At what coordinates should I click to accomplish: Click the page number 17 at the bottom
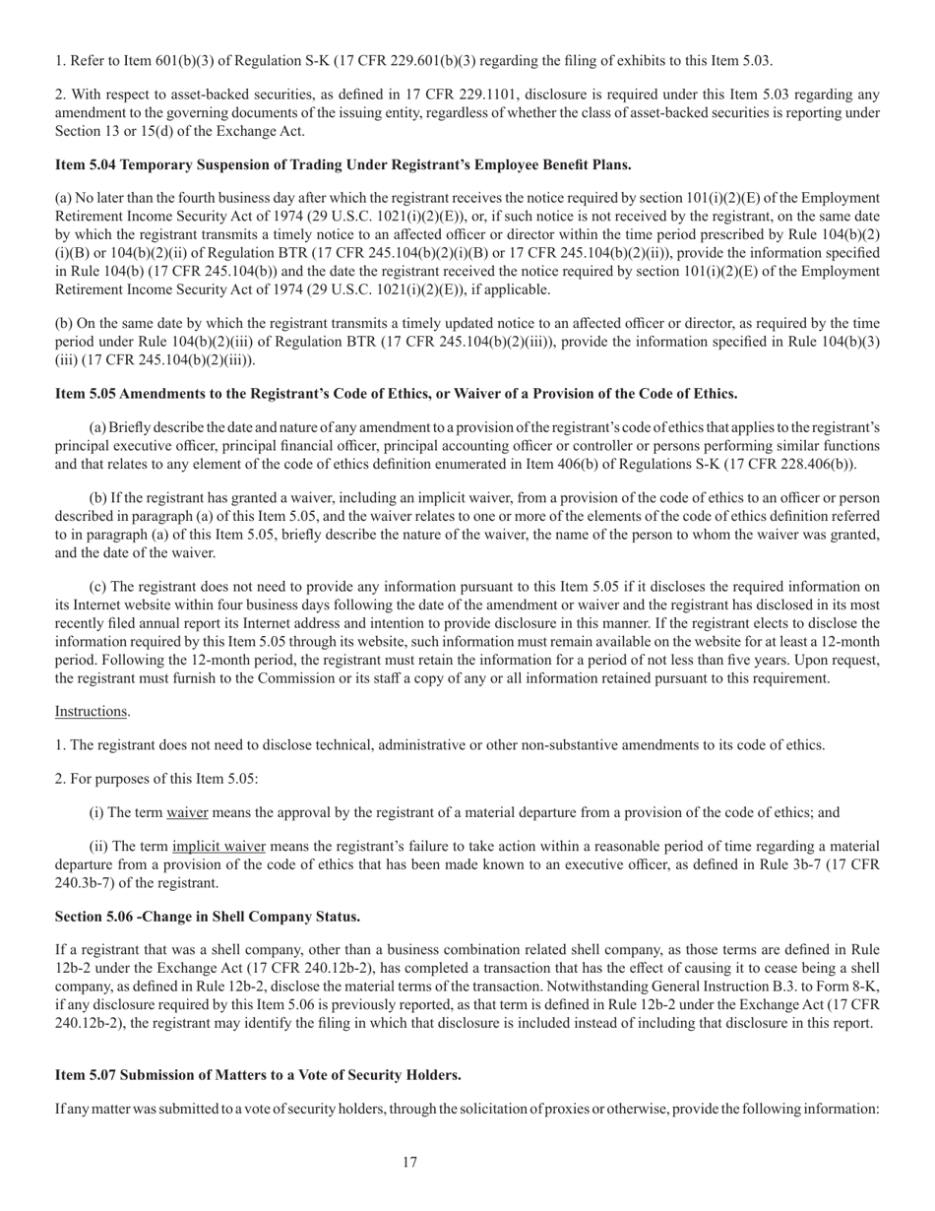coord(409,1162)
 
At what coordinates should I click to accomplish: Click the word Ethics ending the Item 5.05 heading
coord(715,393)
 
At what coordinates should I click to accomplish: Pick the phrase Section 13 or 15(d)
coord(117,131)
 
